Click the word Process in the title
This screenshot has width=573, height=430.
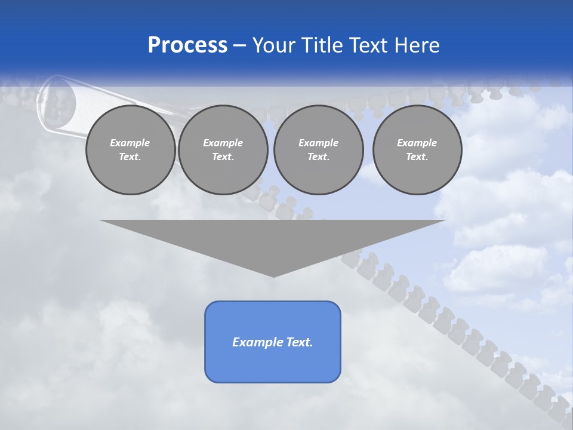pos(187,45)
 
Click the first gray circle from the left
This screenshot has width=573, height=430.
pos(130,150)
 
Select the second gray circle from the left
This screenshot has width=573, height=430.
pos(223,150)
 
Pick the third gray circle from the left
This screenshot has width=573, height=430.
pos(318,150)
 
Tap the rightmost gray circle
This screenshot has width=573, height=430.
pos(417,150)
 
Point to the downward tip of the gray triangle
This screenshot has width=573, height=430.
pos(273,276)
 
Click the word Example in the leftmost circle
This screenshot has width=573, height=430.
pos(130,143)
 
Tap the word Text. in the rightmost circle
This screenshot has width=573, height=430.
pos(417,157)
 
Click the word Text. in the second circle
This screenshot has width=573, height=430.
pos(223,157)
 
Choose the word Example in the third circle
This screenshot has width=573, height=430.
pos(318,143)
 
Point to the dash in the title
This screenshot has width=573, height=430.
pos(239,45)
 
